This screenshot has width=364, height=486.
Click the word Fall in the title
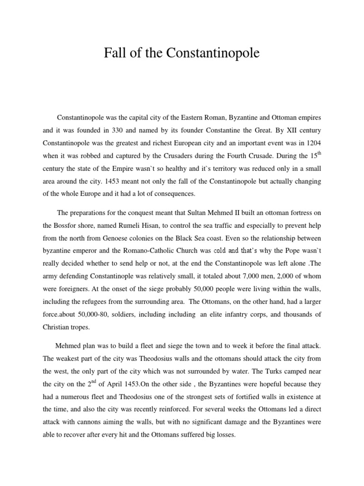(114, 54)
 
